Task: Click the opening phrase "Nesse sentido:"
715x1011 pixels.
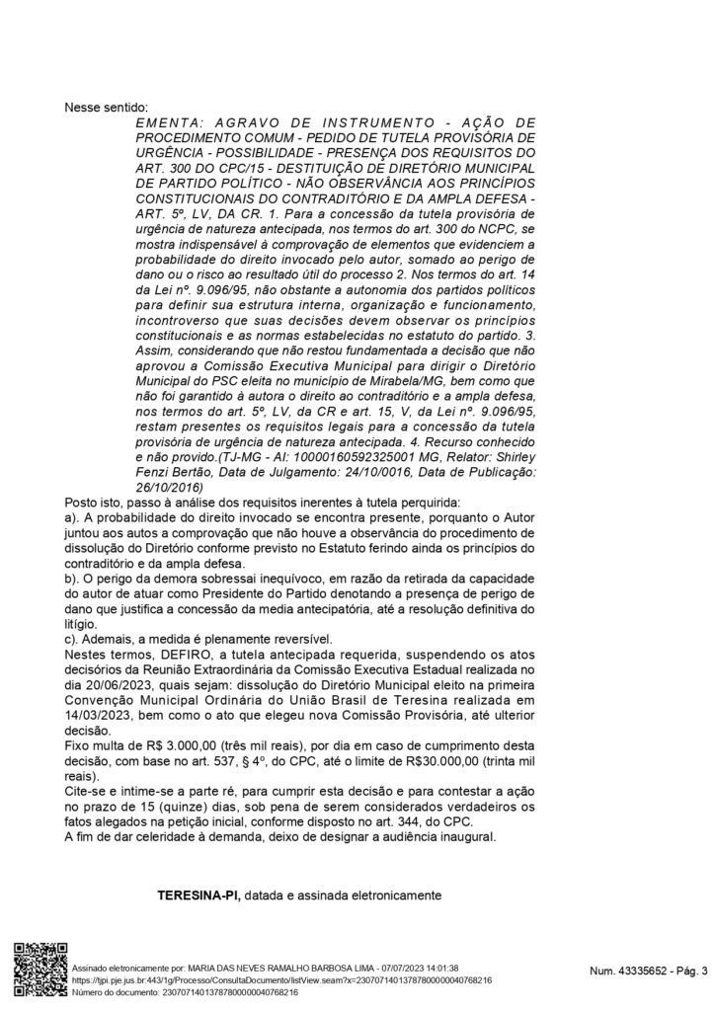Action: pos(106,107)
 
